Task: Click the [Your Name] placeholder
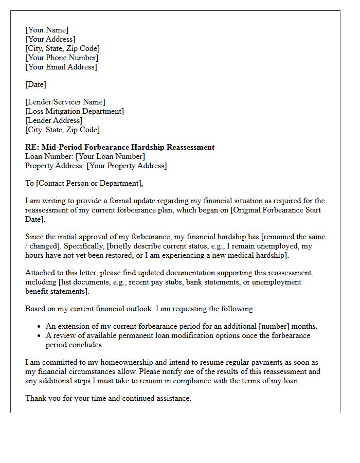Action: (x=47, y=30)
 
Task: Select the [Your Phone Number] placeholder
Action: (x=62, y=58)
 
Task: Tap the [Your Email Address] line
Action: (x=61, y=67)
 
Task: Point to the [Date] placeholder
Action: (x=35, y=84)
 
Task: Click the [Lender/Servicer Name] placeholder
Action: (x=65, y=102)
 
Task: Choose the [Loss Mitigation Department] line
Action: (x=75, y=111)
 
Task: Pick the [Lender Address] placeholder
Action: (x=54, y=120)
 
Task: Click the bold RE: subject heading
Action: (x=120, y=147)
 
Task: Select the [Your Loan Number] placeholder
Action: (x=110, y=156)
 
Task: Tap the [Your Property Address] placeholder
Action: (x=127, y=166)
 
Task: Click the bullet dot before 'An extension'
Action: (x=40, y=327)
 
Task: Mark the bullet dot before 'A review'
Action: (x=40, y=336)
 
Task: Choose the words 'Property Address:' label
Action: (x=55, y=166)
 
